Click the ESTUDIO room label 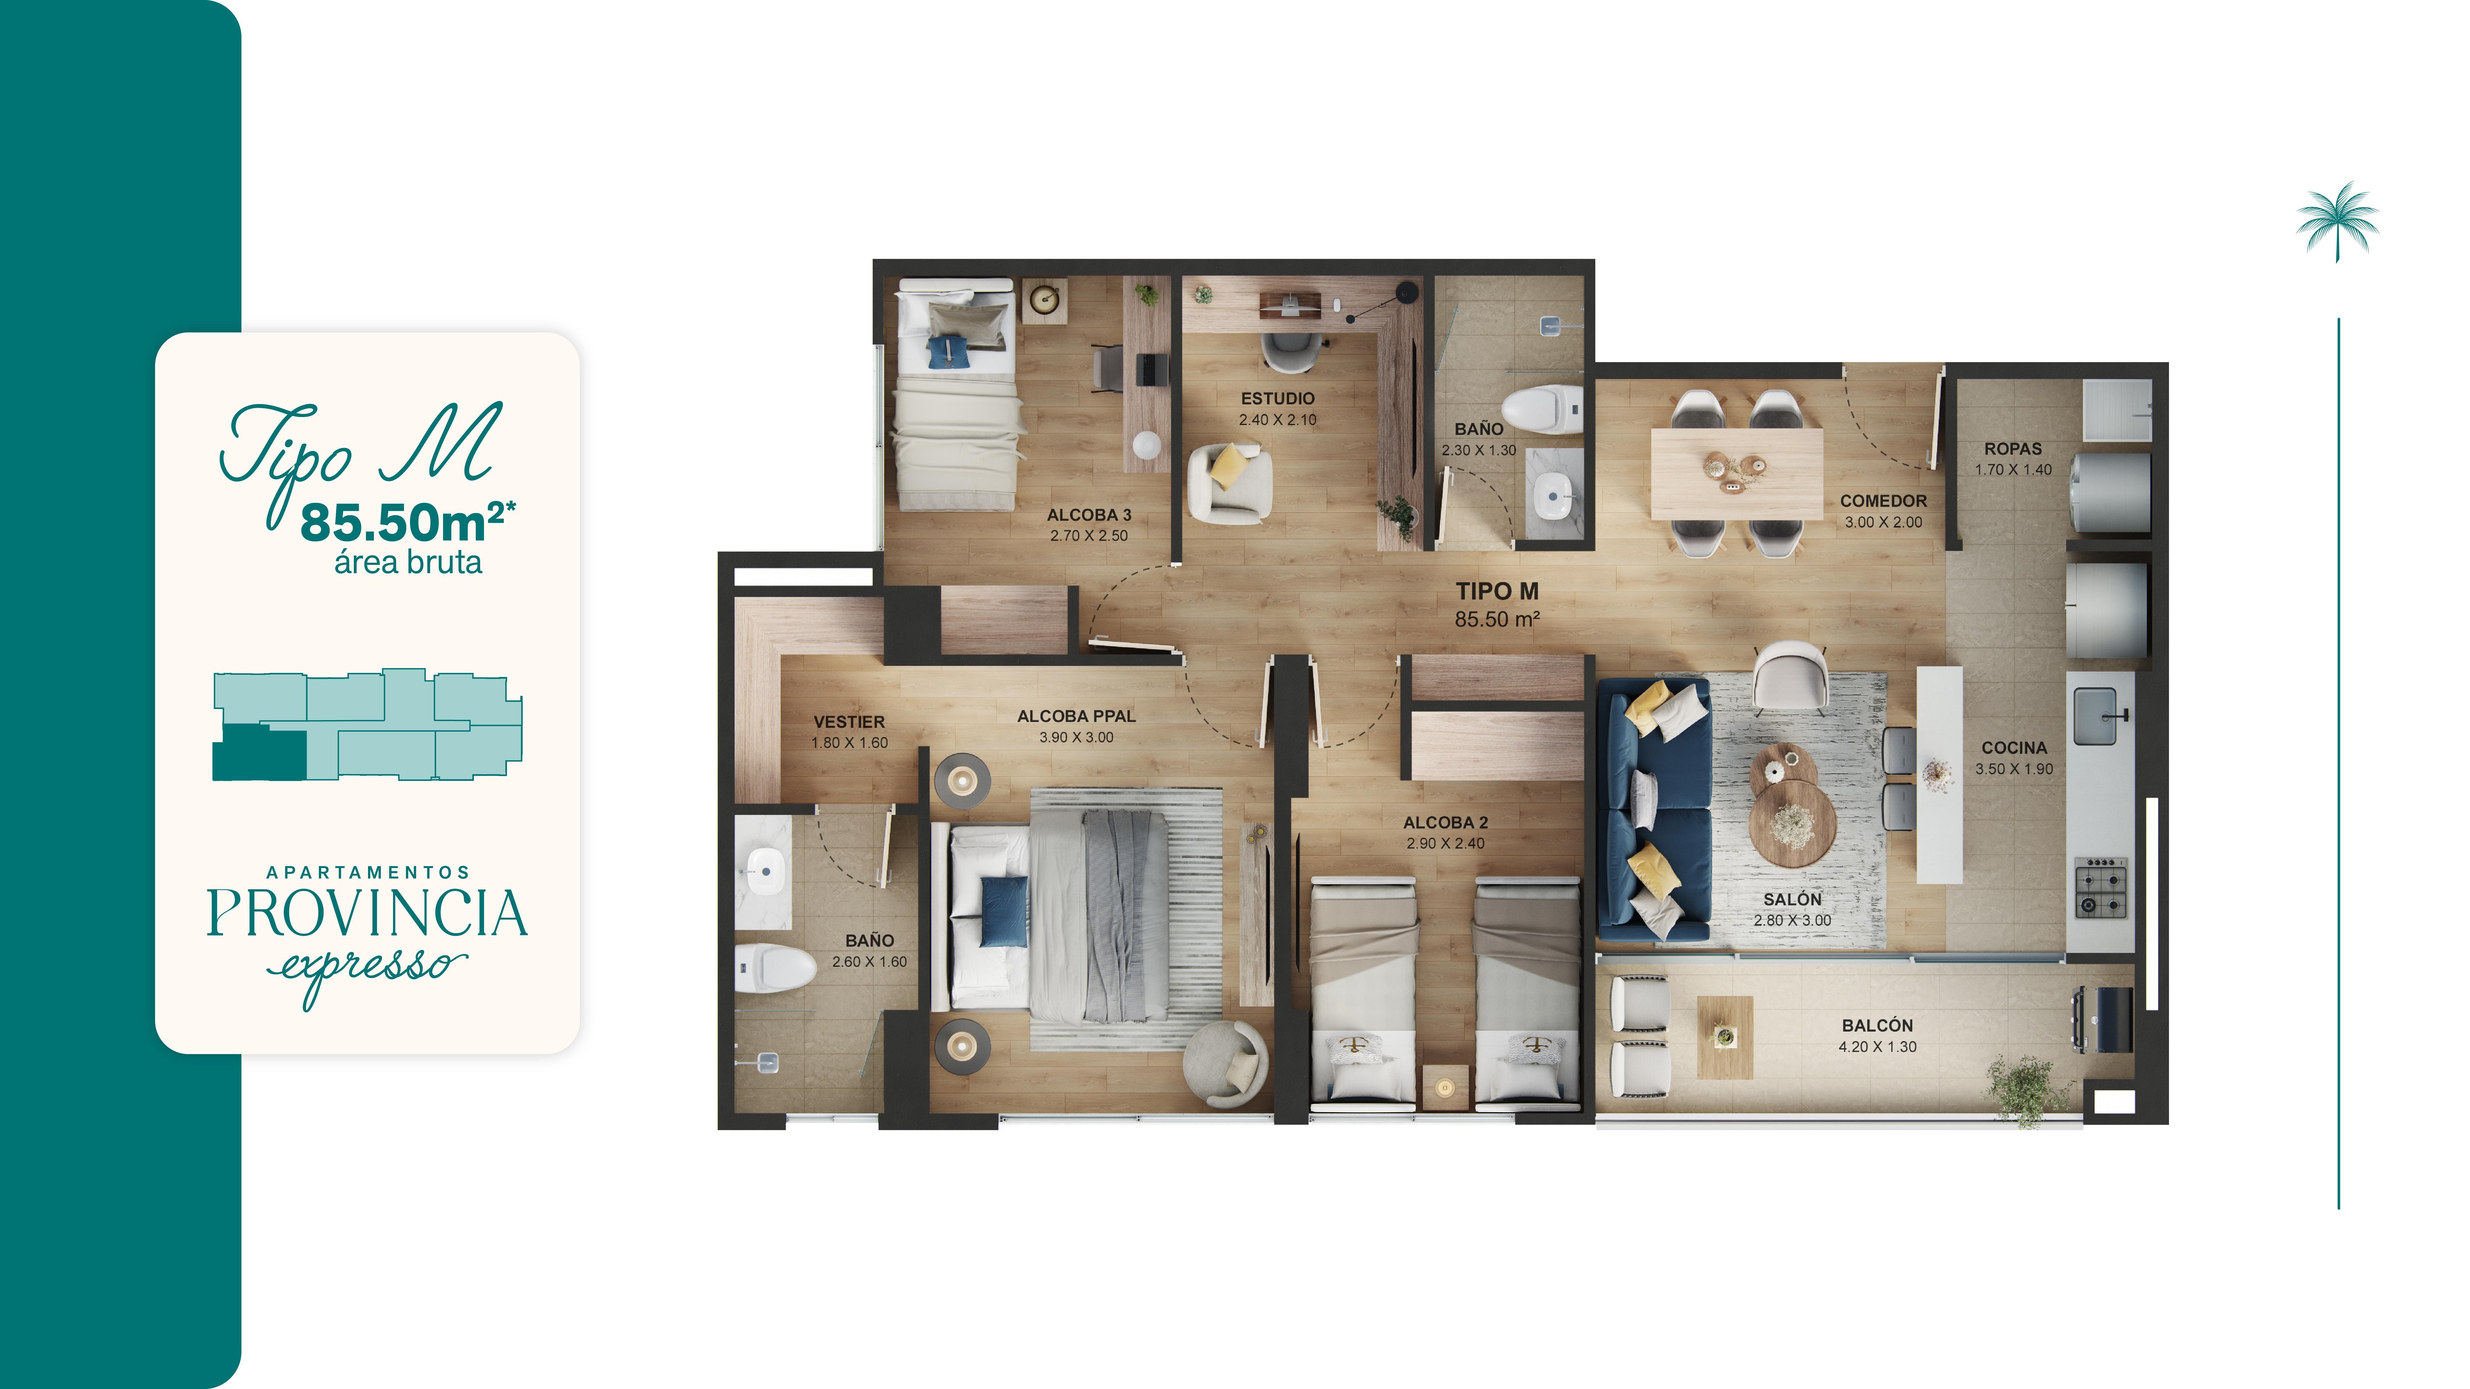[x=1277, y=398]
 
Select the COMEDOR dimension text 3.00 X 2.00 [x=1883, y=523]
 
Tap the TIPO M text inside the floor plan [x=1497, y=591]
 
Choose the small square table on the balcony [x=1724, y=1036]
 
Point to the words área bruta [x=408, y=563]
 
